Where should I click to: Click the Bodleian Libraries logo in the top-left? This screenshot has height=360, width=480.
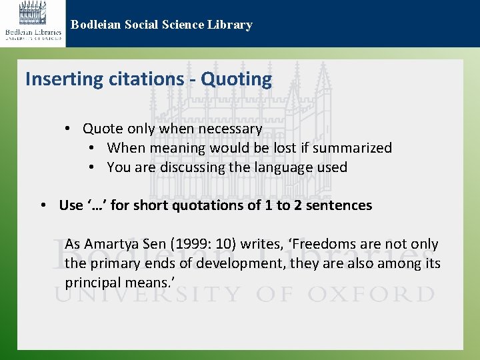[33, 23]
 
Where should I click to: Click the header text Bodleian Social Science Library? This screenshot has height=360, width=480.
[161, 25]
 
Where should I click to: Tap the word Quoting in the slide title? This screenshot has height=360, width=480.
[237, 79]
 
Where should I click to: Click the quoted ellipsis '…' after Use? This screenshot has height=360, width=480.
[97, 205]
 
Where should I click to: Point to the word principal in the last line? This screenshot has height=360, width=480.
[91, 283]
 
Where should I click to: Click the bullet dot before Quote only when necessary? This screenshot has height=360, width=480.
[69, 129]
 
